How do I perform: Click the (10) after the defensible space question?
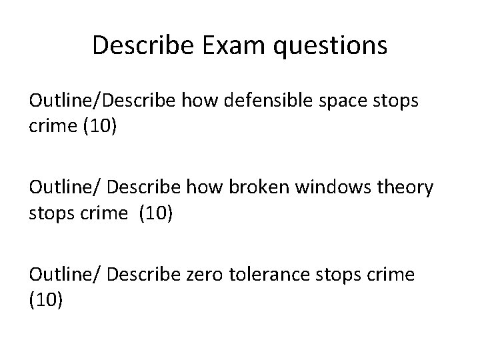pyautogui.click(x=99, y=126)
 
